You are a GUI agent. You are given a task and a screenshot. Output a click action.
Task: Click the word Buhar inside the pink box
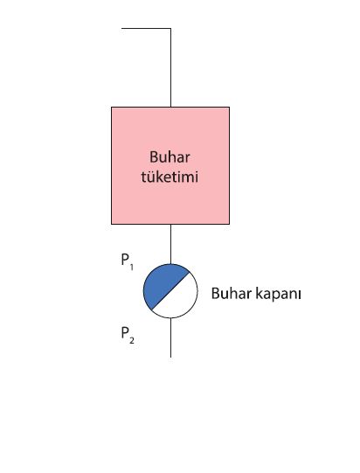click(x=170, y=157)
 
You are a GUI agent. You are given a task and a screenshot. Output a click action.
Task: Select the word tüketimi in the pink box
click(x=170, y=177)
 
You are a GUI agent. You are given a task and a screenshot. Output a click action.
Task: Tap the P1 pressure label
click(x=127, y=261)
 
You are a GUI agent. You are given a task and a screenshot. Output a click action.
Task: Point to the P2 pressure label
click(x=128, y=336)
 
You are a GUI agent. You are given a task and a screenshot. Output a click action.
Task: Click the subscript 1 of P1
click(x=131, y=267)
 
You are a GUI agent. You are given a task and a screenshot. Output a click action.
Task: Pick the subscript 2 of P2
click(x=132, y=341)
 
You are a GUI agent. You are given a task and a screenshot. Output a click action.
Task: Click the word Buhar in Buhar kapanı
click(x=231, y=293)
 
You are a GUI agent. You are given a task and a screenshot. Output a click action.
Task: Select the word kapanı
click(x=278, y=294)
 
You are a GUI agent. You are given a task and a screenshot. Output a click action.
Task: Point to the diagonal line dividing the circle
click(x=170, y=291)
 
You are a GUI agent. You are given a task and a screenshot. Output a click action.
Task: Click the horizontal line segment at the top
click(x=146, y=28)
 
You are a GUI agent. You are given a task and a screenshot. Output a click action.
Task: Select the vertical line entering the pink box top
click(x=171, y=67)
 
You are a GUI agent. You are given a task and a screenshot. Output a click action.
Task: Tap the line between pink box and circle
click(x=171, y=244)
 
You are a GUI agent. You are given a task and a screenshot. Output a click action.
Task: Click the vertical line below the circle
click(x=171, y=337)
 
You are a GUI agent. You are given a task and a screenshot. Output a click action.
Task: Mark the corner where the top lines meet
click(x=171, y=28)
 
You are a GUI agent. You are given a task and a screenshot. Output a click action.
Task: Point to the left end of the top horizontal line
click(x=121, y=28)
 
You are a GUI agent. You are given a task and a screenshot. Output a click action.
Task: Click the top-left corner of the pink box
click(x=112, y=107)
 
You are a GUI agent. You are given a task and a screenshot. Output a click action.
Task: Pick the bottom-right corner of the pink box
click(x=229, y=224)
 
